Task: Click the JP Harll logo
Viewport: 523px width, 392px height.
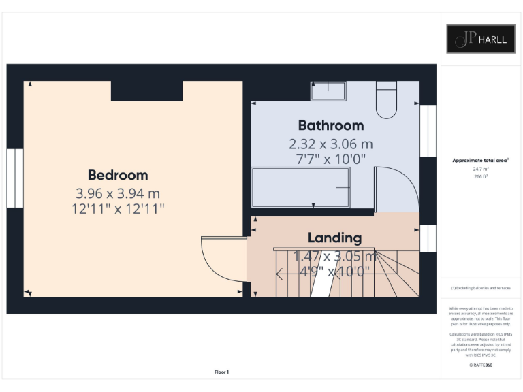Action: point(481,39)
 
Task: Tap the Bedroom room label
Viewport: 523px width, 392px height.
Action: point(118,175)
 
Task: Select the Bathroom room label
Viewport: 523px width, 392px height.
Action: point(331,125)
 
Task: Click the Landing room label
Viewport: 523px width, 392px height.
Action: point(334,238)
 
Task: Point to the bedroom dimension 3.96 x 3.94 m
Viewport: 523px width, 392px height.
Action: point(118,193)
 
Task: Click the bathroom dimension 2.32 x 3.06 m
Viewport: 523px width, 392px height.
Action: point(331,144)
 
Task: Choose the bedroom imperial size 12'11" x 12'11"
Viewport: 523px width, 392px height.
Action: point(118,209)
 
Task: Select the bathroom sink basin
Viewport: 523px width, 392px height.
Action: point(328,91)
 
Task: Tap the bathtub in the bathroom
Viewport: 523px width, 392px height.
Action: point(302,187)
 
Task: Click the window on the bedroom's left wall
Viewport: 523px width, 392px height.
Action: point(15,178)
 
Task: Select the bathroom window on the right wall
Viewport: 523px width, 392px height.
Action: point(428,131)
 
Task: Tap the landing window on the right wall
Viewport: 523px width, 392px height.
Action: point(428,238)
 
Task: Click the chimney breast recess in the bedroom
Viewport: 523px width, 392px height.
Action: point(146,91)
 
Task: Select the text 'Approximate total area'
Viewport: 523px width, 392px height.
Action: point(481,161)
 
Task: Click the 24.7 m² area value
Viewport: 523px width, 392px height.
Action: point(481,168)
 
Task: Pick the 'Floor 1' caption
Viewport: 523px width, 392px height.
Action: point(222,372)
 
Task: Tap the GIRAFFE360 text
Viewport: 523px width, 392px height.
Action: point(481,365)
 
